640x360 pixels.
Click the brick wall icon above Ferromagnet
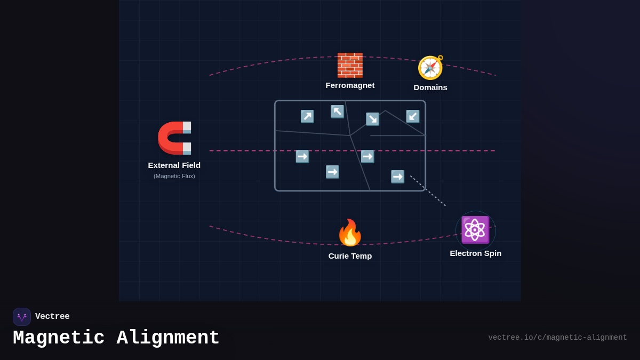pos(350,65)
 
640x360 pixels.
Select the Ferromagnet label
pos(350,85)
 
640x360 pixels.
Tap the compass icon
pos(430,68)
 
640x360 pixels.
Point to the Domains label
pos(430,87)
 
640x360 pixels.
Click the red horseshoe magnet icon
pos(175,138)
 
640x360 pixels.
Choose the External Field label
pos(174,165)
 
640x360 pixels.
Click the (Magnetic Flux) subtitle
pos(174,176)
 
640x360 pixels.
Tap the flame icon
pos(350,233)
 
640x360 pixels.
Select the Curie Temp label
pos(350,256)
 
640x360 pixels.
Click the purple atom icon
pos(475,230)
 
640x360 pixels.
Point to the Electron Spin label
pos(475,253)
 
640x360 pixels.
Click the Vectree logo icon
pos(22,317)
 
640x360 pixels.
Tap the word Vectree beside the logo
pos(52,317)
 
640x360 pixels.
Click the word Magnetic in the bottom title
pos(59,338)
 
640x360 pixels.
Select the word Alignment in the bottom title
pos(168,338)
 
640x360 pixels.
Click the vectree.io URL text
pos(557,338)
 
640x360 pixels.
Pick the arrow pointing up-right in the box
pos(307,116)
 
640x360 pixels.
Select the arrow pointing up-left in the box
pos(337,111)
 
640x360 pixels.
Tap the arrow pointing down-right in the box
pos(372,119)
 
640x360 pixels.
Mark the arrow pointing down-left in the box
pos(413,116)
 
